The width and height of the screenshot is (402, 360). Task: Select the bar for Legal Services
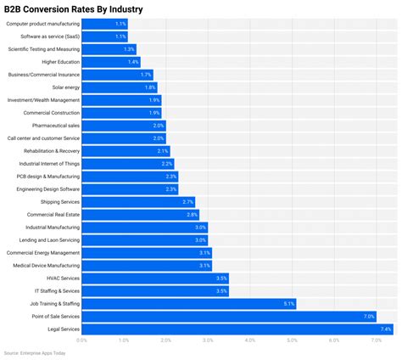(x=237, y=329)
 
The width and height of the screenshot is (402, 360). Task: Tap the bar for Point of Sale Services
(x=229, y=316)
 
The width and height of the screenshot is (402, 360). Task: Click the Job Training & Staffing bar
(x=189, y=303)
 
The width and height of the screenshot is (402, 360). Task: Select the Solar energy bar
(x=120, y=87)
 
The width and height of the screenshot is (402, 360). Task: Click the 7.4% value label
(x=386, y=329)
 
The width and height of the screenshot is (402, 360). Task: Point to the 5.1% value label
(x=288, y=303)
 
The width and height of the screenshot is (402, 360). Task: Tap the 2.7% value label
(x=188, y=202)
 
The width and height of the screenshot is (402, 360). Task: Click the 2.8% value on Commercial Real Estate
(x=193, y=215)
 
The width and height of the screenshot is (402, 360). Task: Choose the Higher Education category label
(x=60, y=62)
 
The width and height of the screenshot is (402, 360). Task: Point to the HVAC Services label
(x=63, y=278)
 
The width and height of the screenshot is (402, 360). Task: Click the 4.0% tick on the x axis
(x=250, y=340)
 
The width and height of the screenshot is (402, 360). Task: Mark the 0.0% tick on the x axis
(x=82, y=340)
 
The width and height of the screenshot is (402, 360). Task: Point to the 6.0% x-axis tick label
(x=334, y=340)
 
